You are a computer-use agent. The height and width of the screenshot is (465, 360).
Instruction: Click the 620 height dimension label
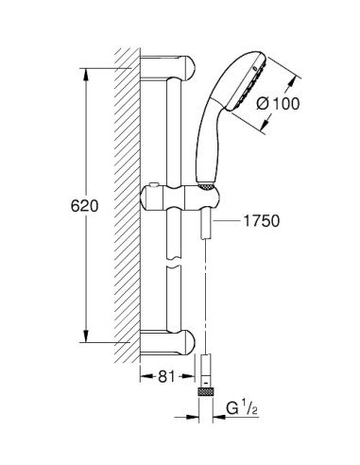click(x=84, y=206)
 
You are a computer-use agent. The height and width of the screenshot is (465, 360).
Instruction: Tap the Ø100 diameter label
click(x=278, y=104)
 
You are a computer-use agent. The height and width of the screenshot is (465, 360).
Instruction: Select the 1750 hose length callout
click(x=262, y=221)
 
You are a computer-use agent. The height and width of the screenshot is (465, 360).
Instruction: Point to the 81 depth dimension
click(x=166, y=376)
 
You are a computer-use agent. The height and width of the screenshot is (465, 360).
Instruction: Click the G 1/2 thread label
click(x=242, y=409)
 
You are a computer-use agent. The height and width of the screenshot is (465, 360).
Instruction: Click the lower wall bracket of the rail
click(x=167, y=343)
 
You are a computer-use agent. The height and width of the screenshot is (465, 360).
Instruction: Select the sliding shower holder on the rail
click(x=180, y=198)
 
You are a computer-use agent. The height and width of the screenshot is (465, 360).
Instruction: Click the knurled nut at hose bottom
click(x=206, y=392)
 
